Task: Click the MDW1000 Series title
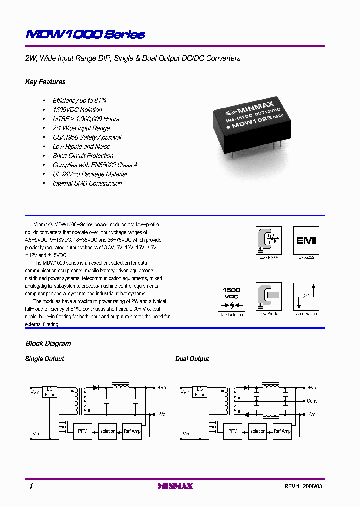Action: click(85, 34)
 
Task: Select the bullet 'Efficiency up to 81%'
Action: click(79, 101)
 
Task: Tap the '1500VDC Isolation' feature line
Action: click(77, 110)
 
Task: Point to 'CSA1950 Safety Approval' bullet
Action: click(87, 137)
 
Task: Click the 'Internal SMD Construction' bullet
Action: click(87, 183)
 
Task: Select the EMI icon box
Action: click(306, 240)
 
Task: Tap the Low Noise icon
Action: click(268, 240)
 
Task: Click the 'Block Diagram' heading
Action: click(48, 343)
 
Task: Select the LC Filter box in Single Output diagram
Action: click(50, 391)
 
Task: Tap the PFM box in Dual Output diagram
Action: click(233, 431)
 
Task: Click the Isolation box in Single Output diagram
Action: click(107, 431)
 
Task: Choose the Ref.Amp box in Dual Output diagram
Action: click(282, 431)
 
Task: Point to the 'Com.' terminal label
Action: click(312, 401)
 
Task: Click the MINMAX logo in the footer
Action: click(175, 486)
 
